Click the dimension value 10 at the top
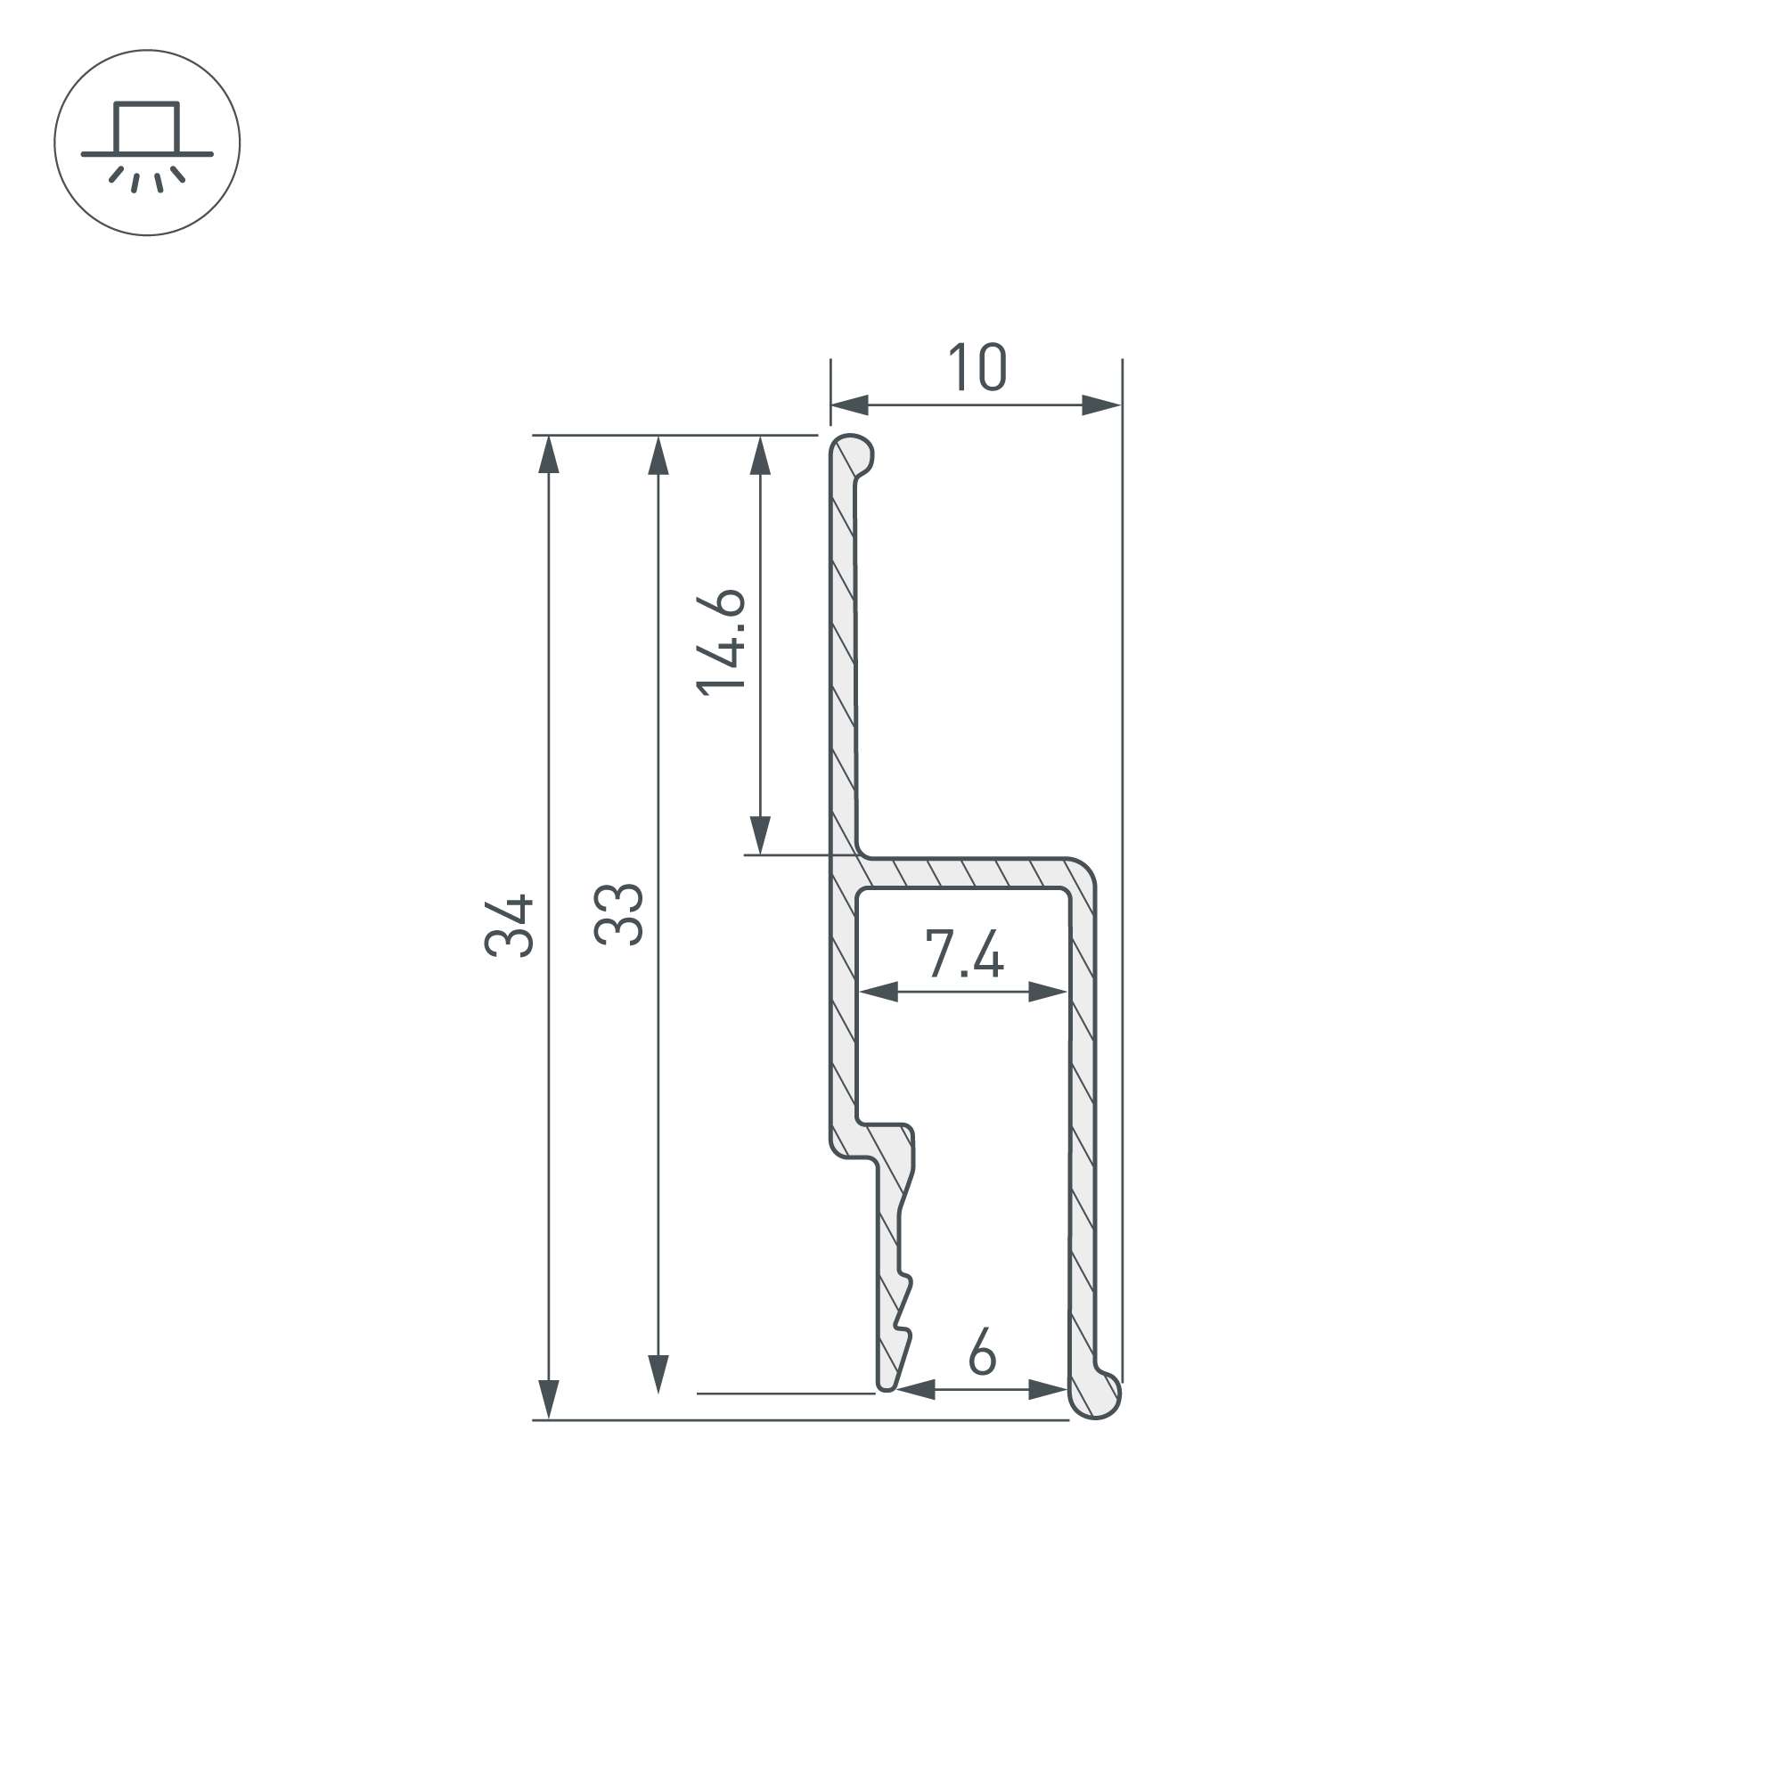977,367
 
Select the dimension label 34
509,925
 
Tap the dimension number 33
618,914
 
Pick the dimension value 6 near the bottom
982,1352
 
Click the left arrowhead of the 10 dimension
849,405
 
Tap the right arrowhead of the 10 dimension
1102,405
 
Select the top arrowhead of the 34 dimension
549,454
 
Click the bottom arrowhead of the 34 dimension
549,1400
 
